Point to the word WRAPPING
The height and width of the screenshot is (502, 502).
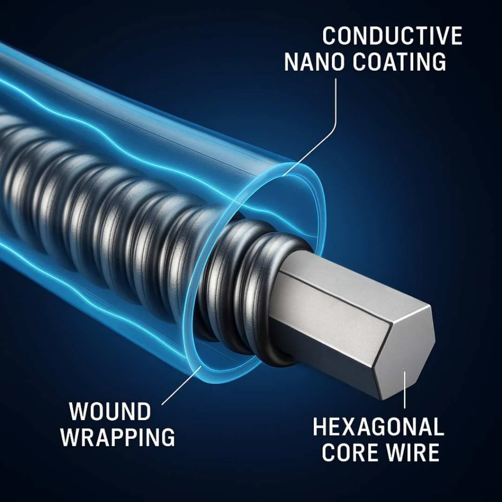click(118, 437)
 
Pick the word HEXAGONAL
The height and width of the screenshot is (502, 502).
click(378, 427)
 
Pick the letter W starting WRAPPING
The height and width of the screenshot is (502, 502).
click(70, 437)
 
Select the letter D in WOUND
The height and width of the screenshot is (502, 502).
click(144, 411)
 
